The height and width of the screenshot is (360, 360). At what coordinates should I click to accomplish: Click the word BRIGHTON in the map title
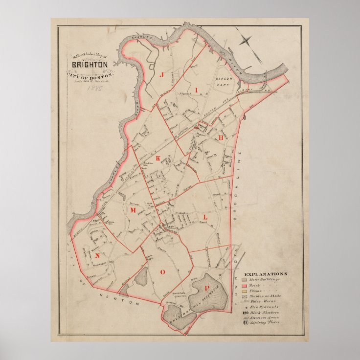pyautogui.click(x=90, y=65)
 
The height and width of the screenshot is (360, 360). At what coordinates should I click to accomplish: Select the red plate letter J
pyautogui.click(x=160, y=74)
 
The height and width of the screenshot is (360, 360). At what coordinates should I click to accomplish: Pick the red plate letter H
pyautogui.click(x=221, y=138)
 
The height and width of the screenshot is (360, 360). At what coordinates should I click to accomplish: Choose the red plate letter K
pyautogui.click(x=157, y=159)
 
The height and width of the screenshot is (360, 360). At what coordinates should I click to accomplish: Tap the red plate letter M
pyautogui.click(x=132, y=210)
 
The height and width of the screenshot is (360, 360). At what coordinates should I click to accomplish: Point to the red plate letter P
pyautogui.click(x=207, y=288)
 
